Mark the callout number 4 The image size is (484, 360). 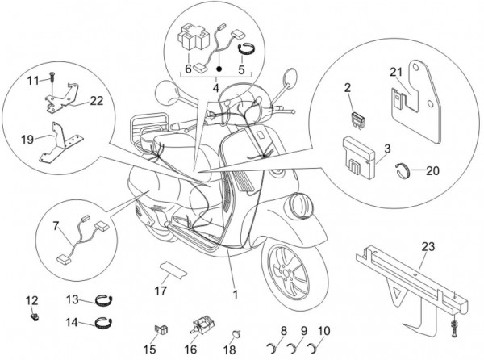tap(215, 86)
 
